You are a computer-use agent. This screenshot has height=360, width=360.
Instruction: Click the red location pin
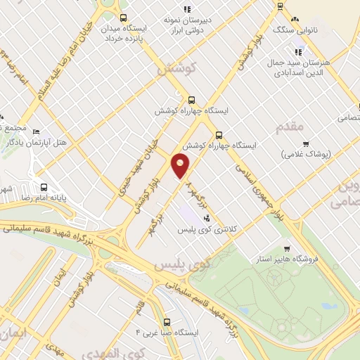[181, 166]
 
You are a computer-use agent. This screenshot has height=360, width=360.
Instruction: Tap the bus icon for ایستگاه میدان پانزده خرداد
[124, 19]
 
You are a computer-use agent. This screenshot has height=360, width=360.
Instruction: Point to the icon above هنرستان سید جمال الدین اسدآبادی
[299, 51]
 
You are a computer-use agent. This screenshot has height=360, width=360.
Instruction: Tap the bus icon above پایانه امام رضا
[44, 188]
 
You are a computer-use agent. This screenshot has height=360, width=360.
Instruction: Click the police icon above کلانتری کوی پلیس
[206, 218]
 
